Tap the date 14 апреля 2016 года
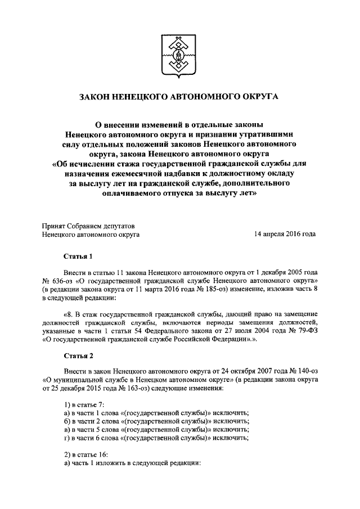point(285,233)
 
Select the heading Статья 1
point(78,257)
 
